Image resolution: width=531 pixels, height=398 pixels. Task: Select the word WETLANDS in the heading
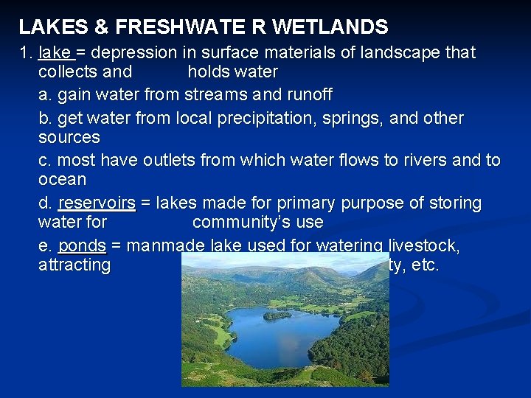tap(330, 28)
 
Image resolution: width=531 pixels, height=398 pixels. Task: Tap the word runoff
tap(308, 95)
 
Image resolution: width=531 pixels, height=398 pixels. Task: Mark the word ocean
tap(62, 180)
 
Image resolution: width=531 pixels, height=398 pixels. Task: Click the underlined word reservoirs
tap(97, 203)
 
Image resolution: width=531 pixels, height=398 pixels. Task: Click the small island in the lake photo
tap(277, 315)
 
